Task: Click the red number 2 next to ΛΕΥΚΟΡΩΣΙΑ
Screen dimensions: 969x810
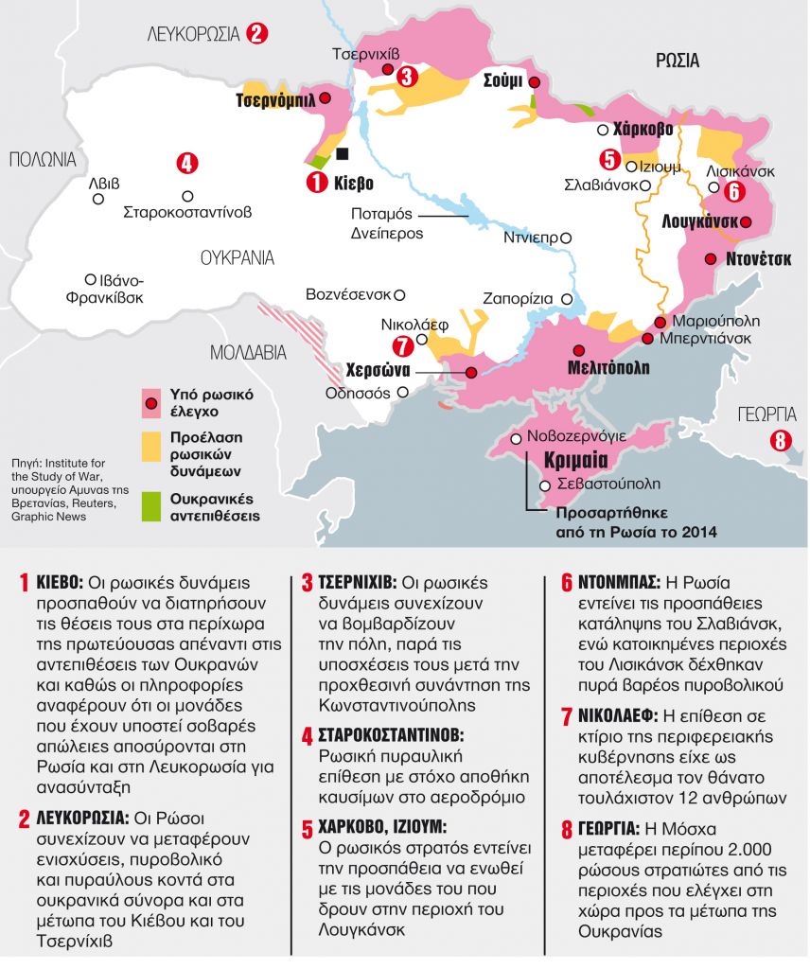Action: (256, 34)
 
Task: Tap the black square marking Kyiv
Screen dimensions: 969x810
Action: (342, 153)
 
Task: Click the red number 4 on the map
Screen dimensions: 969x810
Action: (186, 163)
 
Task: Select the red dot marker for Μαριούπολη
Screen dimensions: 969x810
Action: (660, 323)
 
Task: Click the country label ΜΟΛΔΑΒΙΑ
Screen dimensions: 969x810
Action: (248, 353)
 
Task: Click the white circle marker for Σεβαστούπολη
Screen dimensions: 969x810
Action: (543, 485)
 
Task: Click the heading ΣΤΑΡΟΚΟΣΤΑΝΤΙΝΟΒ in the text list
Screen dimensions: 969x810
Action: (397, 734)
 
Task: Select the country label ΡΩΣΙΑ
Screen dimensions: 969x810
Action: (677, 62)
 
